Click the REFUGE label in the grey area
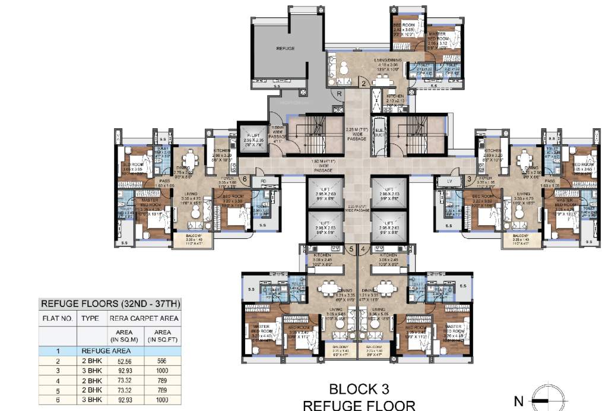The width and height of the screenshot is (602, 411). coord(285,48)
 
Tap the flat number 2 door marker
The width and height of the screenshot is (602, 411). coord(363,84)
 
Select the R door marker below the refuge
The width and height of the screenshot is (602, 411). coord(338,94)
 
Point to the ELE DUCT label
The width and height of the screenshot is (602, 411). coord(378,135)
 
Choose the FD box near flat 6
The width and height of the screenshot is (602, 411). coord(263,182)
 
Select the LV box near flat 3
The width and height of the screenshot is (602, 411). coord(449,182)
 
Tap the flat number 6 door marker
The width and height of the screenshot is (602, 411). coord(245,178)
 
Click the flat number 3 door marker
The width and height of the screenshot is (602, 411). coord(468,178)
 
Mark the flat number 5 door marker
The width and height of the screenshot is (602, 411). coord(351,249)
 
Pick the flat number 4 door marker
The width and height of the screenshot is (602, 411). coord(362,249)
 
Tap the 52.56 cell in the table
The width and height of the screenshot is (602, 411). coord(123,361)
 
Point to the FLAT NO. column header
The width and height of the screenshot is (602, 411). coord(58,318)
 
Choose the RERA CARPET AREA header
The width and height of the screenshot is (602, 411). coord(144,318)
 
